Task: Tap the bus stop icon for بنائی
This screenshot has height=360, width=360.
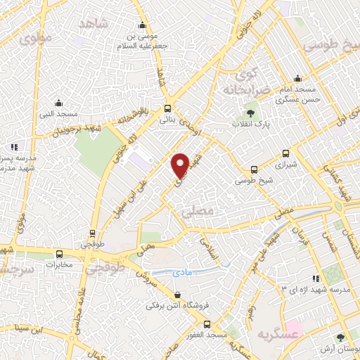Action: (x=167, y=109)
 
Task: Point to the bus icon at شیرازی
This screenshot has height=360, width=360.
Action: (x=285, y=153)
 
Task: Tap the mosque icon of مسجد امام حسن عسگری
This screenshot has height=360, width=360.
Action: (x=298, y=79)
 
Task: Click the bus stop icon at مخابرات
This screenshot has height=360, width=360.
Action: (x=59, y=255)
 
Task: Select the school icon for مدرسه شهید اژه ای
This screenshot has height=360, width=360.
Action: (x=315, y=278)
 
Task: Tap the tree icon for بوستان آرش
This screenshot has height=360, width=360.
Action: (x=341, y=338)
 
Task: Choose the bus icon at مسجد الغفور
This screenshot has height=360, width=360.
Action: (x=207, y=324)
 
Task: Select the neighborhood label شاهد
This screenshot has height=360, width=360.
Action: (x=95, y=25)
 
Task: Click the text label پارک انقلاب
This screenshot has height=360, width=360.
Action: (x=252, y=124)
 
